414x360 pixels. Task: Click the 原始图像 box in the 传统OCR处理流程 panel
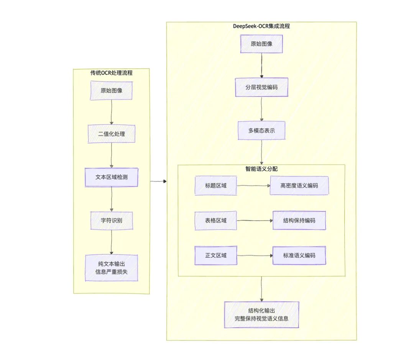[111, 91]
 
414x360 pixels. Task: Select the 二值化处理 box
[111, 134]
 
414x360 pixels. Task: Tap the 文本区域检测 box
[111, 177]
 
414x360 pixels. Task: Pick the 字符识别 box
[111, 221]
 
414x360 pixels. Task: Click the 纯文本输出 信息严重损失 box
[111, 268]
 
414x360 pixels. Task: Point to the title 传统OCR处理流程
[111, 73]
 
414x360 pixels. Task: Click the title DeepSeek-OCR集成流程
[261, 26]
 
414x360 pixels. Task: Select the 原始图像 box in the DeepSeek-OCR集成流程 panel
[261, 44]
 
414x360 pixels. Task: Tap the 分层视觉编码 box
[261, 87]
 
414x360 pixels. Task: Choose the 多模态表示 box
[261, 131]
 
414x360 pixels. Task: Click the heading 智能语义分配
[261, 168]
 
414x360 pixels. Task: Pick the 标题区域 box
[215, 186]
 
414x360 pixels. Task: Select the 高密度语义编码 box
[299, 186]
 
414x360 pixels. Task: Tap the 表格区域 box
[215, 221]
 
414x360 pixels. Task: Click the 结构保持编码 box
[299, 221]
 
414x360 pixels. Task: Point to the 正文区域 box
[215, 255]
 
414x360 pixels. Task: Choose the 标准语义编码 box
[299, 255]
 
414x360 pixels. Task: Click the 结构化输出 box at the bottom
[261, 314]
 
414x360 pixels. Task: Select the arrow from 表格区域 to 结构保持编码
[255, 221]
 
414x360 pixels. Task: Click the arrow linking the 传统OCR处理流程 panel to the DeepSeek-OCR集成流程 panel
[158, 181]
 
